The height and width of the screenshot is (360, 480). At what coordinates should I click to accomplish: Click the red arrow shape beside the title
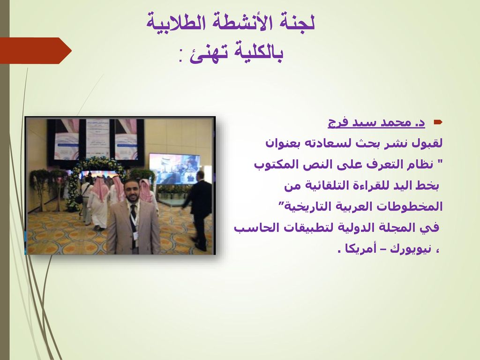pos(35,51)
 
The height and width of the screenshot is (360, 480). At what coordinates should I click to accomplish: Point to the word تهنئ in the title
pos(209,54)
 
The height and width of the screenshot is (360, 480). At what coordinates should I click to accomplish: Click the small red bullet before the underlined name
pos(438,122)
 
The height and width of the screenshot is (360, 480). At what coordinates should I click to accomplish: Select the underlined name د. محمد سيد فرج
pos(376,122)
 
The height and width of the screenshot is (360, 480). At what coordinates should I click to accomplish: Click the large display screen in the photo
pos(174,169)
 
